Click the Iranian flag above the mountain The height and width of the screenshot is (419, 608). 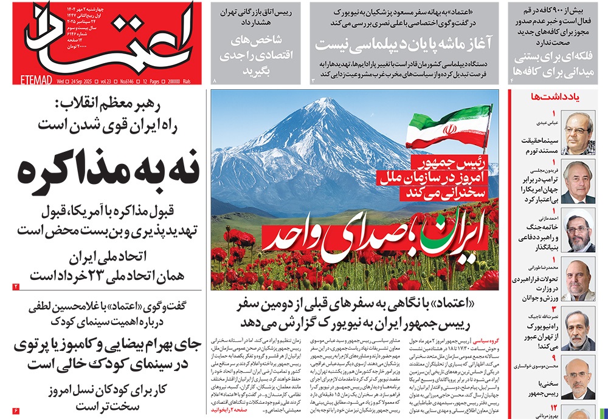(x=447, y=128)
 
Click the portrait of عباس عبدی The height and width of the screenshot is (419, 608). (x=578, y=132)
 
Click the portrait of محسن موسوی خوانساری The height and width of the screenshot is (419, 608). (x=578, y=378)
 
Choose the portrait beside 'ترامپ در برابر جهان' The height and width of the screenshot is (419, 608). (x=578, y=182)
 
